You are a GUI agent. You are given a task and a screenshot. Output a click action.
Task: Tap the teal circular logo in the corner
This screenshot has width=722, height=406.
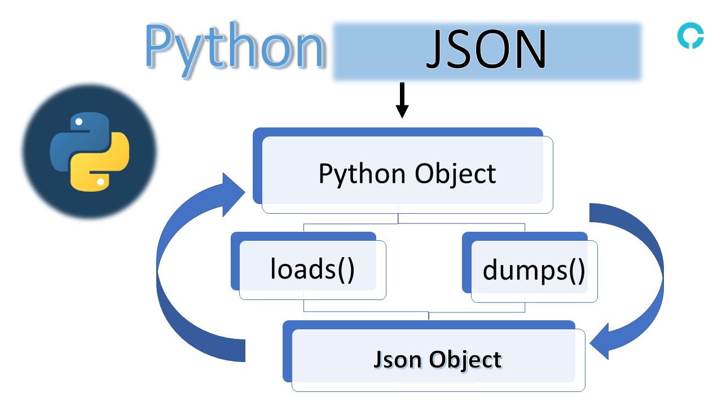[x=690, y=37]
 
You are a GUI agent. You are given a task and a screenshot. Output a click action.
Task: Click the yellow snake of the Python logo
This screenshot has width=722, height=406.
[x=104, y=166]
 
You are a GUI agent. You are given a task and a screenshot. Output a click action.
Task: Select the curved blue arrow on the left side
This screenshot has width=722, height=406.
[x=180, y=282]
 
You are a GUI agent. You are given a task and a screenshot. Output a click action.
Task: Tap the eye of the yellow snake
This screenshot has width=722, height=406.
[x=100, y=182]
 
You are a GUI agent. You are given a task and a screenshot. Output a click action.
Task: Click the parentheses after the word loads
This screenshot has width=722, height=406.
[x=345, y=269]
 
